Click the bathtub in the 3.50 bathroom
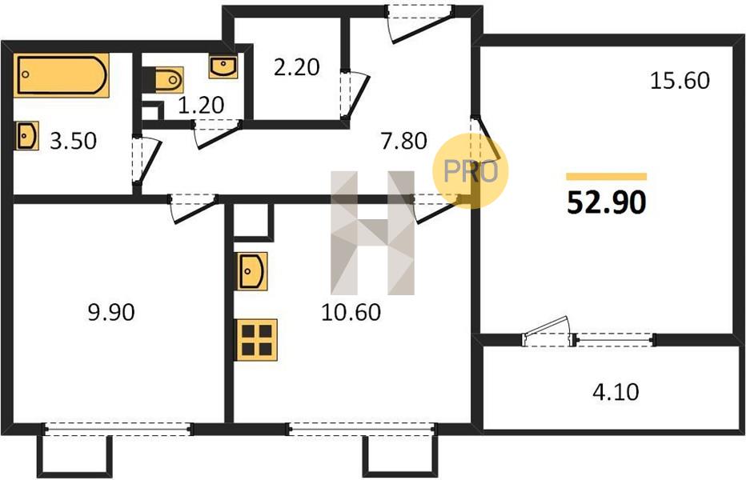click(x=62, y=75)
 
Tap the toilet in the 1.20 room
click(x=166, y=79)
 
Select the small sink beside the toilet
click(x=223, y=66)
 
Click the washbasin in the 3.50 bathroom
click(x=26, y=135)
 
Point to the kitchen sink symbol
click(x=251, y=271)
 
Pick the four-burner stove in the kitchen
click(x=256, y=340)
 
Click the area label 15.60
click(x=680, y=80)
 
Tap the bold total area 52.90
click(x=607, y=202)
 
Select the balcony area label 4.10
click(x=616, y=392)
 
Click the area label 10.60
click(x=351, y=313)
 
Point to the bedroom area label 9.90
click(x=111, y=313)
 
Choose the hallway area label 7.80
click(x=404, y=141)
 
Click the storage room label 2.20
click(x=296, y=67)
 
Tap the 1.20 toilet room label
click(x=201, y=105)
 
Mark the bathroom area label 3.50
click(x=74, y=141)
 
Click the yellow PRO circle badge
click(x=470, y=170)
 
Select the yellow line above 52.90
click(x=606, y=177)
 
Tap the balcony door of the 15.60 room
click(x=547, y=333)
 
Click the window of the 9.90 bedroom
click(x=118, y=430)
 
